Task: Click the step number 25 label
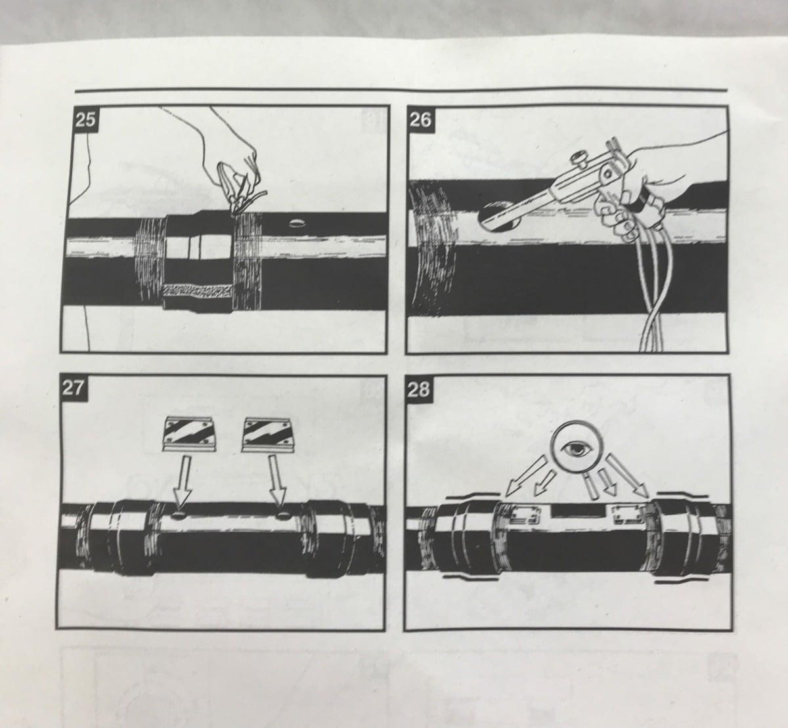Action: pyautogui.click(x=85, y=119)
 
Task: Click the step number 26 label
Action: pyautogui.click(x=420, y=118)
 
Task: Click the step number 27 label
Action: pyautogui.click(x=74, y=387)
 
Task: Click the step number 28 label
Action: pyautogui.click(x=418, y=389)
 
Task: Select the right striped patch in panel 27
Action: pyautogui.click(x=269, y=435)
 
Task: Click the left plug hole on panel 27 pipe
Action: pyautogui.click(x=179, y=515)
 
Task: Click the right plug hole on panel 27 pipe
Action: pyautogui.click(x=284, y=515)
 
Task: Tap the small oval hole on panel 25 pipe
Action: pyautogui.click(x=297, y=223)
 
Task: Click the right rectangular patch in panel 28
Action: pyautogui.click(x=627, y=514)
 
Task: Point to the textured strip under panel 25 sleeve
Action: pyautogui.click(x=197, y=291)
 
